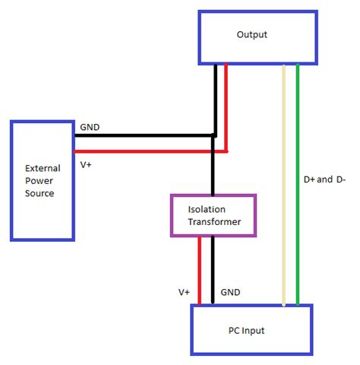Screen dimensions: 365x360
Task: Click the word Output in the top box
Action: pos(252,35)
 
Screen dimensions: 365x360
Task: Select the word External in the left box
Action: pos(43,167)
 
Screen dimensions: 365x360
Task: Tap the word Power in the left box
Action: pos(41,180)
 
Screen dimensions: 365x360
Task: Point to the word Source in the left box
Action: pos(41,193)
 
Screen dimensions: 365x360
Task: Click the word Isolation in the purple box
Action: pos(213,208)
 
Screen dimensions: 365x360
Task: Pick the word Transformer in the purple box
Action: pos(213,221)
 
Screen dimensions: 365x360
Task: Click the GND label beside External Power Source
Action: pos(90,129)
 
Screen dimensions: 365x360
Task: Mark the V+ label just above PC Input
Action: pos(184,291)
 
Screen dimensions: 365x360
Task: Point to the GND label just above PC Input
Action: pos(230,291)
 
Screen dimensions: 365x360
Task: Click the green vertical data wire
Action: pos(298,182)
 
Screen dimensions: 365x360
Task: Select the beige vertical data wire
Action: pos(283,182)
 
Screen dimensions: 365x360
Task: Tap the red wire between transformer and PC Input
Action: pos(199,270)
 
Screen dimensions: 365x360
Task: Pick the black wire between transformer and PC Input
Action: pos(213,270)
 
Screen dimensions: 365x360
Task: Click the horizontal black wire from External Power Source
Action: pos(144,136)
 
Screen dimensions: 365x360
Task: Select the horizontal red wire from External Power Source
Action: pos(144,151)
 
